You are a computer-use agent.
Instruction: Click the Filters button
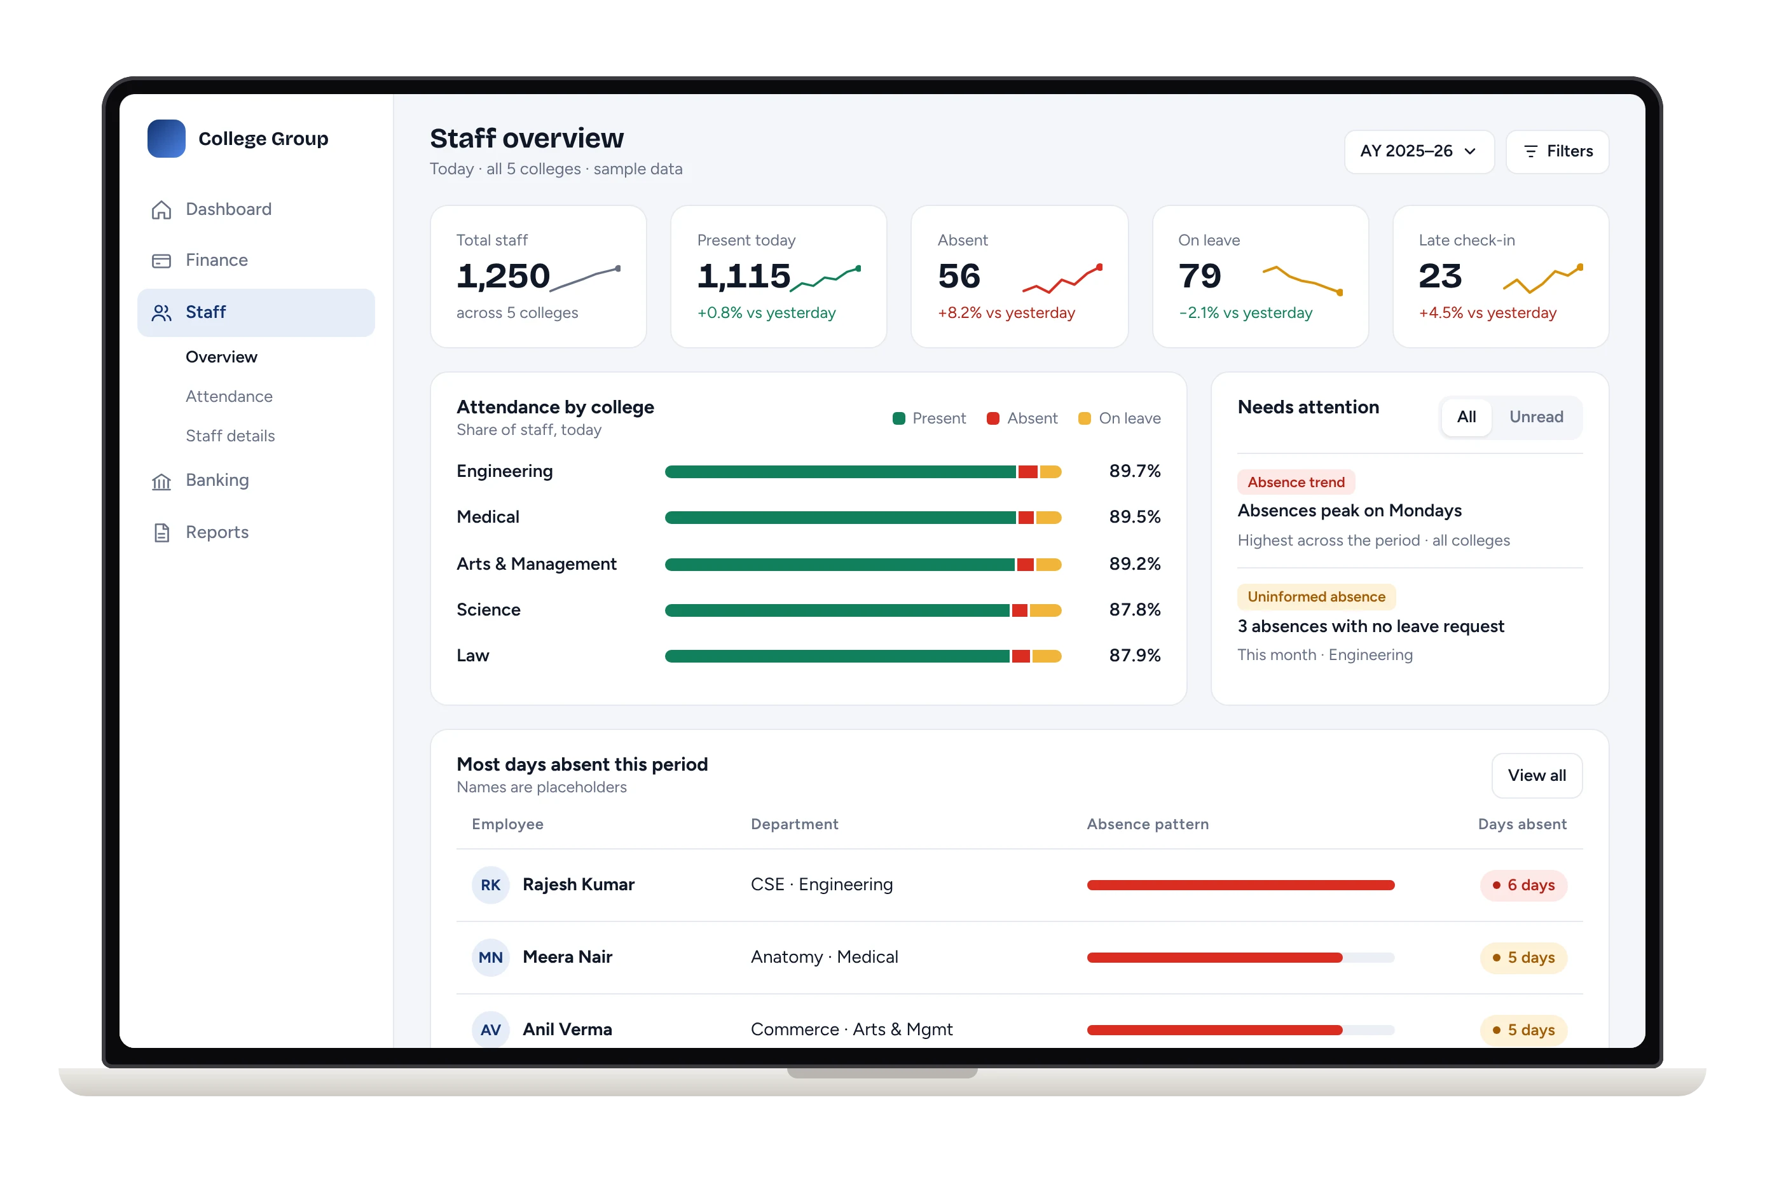pyautogui.click(x=1557, y=151)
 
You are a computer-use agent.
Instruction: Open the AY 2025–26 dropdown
pyautogui.click(x=1418, y=151)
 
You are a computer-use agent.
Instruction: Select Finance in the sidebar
pyautogui.click(x=216, y=261)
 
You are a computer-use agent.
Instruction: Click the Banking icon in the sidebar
pyautogui.click(x=161, y=481)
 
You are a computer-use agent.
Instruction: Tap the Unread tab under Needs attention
pyautogui.click(x=1535, y=417)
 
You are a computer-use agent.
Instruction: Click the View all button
pyautogui.click(x=1536, y=776)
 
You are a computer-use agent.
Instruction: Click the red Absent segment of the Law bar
pyautogui.click(x=1020, y=656)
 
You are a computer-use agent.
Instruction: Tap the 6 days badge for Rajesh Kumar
pyautogui.click(x=1523, y=886)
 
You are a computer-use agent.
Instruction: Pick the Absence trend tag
pyautogui.click(x=1296, y=483)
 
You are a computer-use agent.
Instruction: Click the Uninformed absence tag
pyautogui.click(x=1316, y=597)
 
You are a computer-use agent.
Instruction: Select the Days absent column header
pyautogui.click(x=1522, y=824)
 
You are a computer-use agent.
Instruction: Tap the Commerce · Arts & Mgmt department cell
pyautogui.click(x=851, y=1030)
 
